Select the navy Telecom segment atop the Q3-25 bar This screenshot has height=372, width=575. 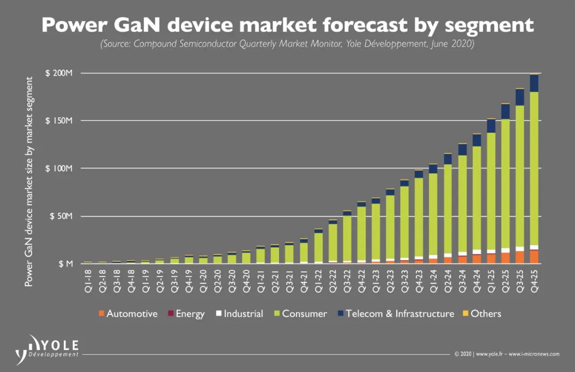click(519, 97)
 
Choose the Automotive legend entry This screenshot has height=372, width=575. click(128, 313)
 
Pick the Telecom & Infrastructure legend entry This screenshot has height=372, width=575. click(395, 313)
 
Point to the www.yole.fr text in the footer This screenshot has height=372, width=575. click(488, 354)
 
